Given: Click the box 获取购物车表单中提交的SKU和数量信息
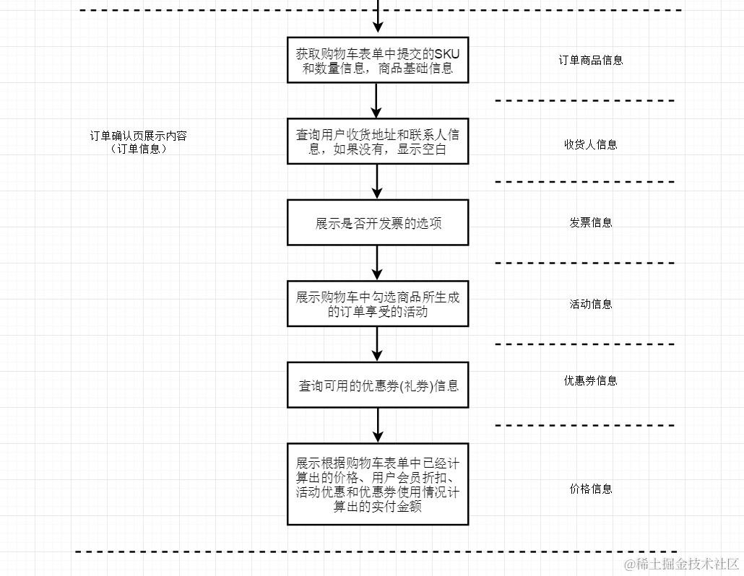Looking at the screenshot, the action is click(377, 61).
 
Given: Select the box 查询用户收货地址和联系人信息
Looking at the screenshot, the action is click(377, 141).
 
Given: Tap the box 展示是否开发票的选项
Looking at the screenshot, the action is click(377, 223).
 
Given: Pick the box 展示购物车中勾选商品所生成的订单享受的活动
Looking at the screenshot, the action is click(377, 304).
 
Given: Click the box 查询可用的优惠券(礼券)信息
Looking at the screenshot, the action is click(377, 385).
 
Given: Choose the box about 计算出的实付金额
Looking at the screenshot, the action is click(377, 484).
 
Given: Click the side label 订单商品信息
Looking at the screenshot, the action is click(590, 61).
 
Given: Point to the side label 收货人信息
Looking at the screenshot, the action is click(590, 144).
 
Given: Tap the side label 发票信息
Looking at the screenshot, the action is click(590, 223).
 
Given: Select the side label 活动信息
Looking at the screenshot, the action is click(590, 304).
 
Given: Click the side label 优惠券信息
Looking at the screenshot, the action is click(590, 381).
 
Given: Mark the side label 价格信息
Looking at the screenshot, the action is click(590, 489).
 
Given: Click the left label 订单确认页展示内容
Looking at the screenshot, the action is click(138, 136).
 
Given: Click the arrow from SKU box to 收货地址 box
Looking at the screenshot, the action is click(376, 101).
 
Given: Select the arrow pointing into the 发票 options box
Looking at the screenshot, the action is click(376, 182).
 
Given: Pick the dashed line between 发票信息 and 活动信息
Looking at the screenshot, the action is click(585, 263).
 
